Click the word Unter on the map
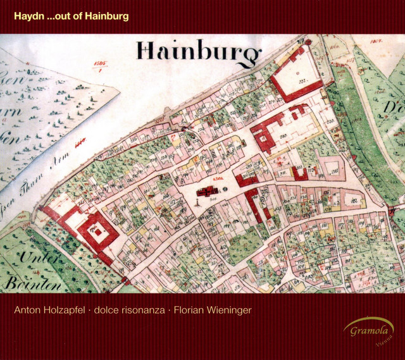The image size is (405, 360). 37,258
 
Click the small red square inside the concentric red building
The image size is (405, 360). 98,232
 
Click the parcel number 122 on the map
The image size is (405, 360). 353,202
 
